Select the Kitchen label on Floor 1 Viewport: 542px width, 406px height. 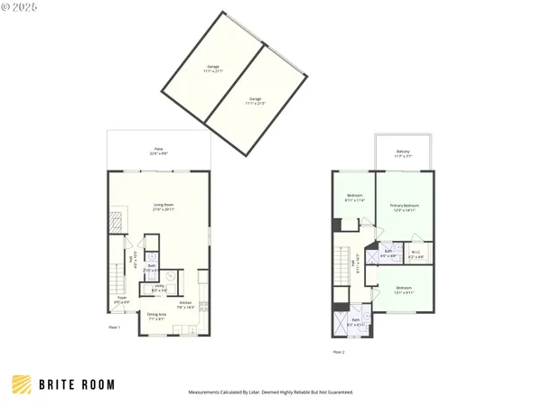185,302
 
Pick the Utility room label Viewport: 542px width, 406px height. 158,286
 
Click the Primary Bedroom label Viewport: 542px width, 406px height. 404,207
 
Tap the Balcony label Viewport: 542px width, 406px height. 403,152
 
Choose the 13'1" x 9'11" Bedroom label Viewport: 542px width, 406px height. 403,289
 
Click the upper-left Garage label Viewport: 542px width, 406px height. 213,67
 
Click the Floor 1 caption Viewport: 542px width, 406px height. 114,327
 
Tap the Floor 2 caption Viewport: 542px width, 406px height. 338,351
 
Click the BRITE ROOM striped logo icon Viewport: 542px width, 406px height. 23,384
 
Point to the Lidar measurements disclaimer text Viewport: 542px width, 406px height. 271,392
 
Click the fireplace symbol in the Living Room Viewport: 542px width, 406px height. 115,221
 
